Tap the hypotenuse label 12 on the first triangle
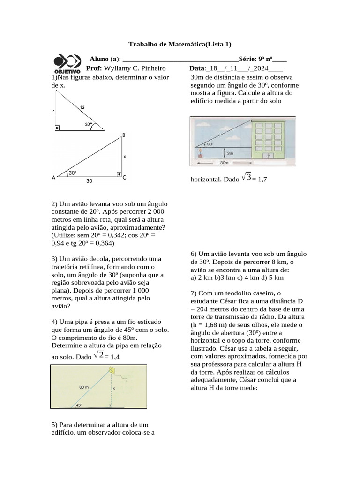(x=82, y=107)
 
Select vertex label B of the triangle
(x=124, y=135)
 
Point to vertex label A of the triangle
(x=53, y=178)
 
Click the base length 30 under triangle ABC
(x=89, y=180)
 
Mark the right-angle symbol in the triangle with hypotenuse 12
(x=57, y=127)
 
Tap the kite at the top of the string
(x=113, y=370)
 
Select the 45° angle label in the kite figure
(x=78, y=405)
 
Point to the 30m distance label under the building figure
(x=224, y=163)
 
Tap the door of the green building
(x=268, y=154)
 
